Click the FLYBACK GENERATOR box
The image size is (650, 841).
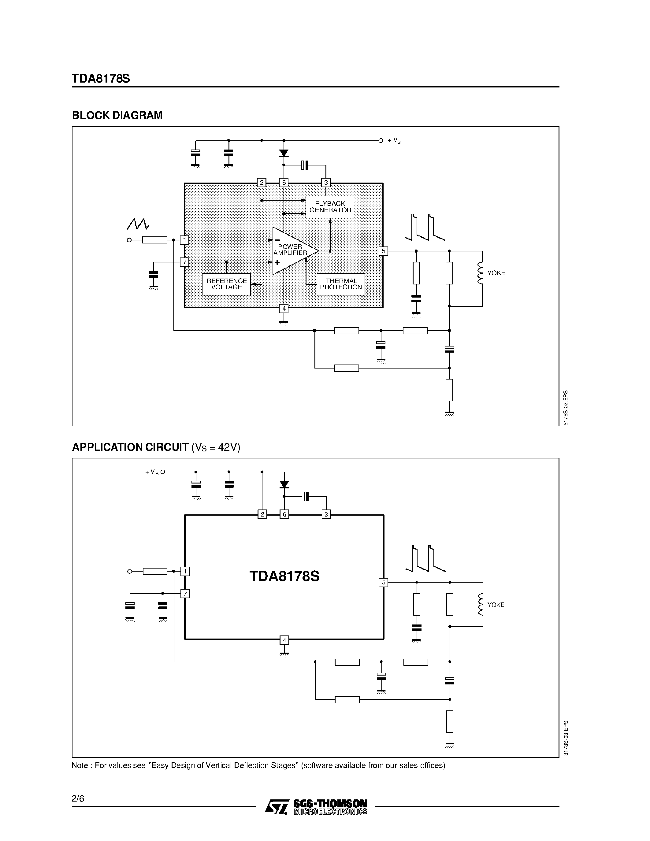click(x=330, y=207)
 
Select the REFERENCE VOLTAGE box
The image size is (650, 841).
click(x=226, y=284)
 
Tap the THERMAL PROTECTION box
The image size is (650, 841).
click(x=341, y=284)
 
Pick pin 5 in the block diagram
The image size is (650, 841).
click(x=383, y=251)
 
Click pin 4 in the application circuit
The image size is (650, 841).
click(x=284, y=640)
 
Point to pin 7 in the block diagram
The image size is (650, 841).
click(x=184, y=262)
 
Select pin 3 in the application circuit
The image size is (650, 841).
click(x=326, y=514)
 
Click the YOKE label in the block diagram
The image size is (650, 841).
click(x=496, y=273)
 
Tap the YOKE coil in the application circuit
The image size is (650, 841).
click(x=481, y=605)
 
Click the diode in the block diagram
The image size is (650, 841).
click(x=284, y=153)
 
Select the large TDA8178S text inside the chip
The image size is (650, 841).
click(x=284, y=576)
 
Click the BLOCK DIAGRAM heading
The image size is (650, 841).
click(x=117, y=115)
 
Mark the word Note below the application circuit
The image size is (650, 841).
click(x=80, y=765)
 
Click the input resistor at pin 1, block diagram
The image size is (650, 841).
click(x=154, y=240)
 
